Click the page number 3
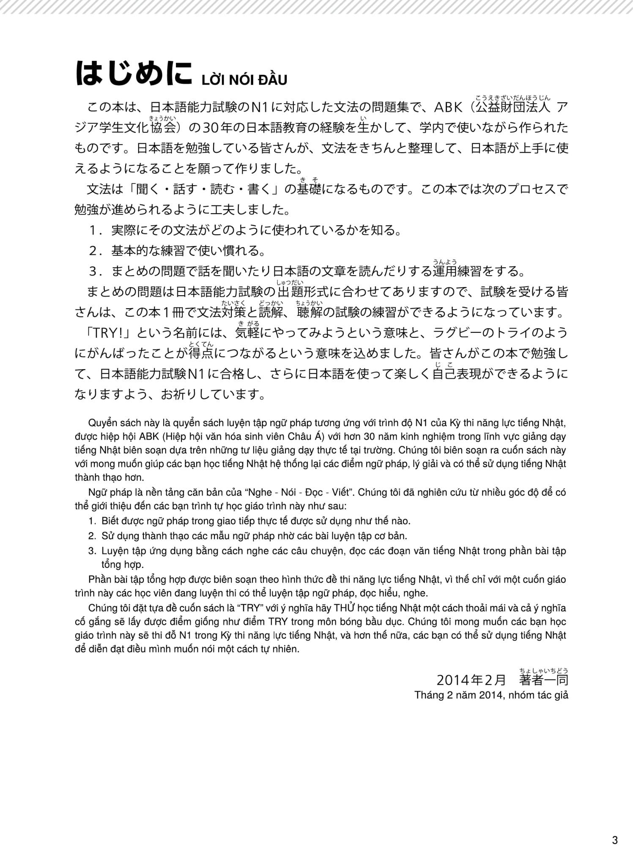click(615, 840)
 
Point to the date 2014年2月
click(471, 680)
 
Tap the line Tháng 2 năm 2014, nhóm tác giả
click(491, 695)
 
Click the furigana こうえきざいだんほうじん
click(512, 98)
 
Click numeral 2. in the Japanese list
click(94, 251)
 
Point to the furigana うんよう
click(445, 262)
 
